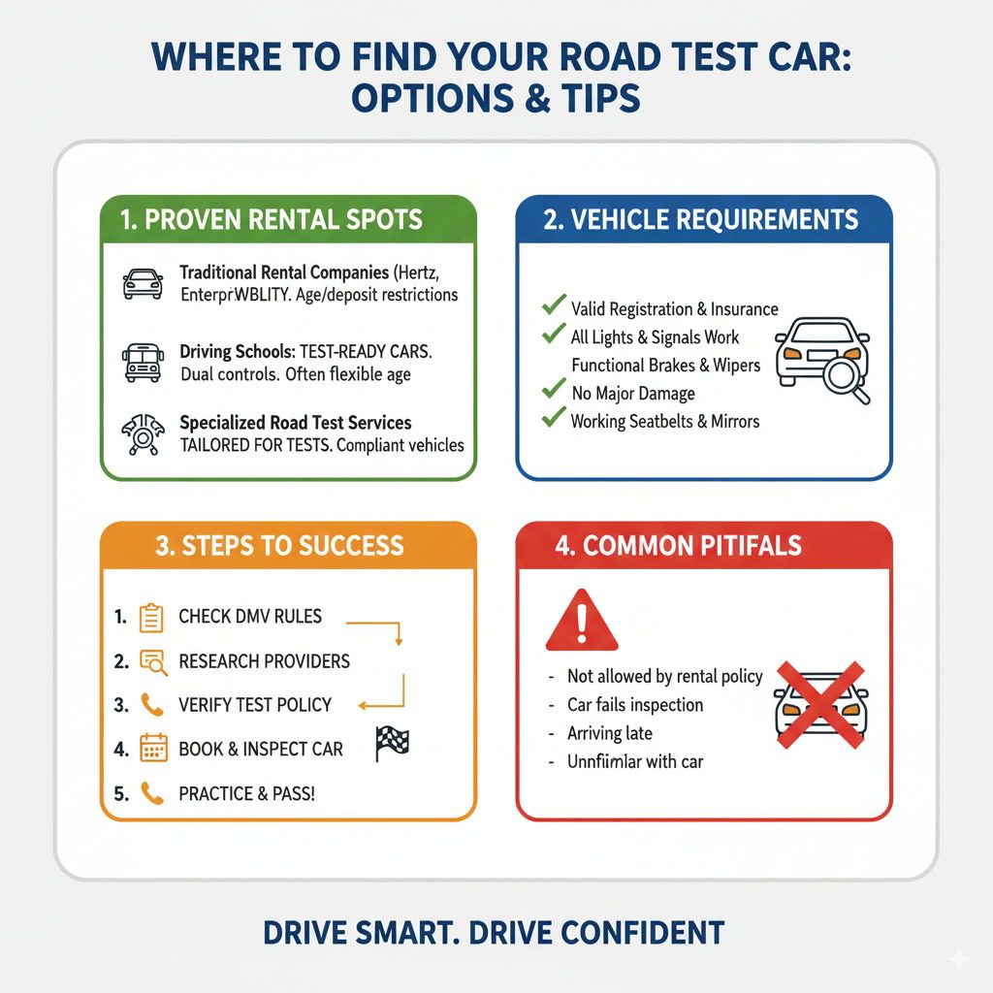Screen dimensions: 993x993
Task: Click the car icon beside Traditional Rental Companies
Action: (x=143, y=284)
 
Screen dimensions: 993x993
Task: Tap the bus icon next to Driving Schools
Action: (x=143, y=362)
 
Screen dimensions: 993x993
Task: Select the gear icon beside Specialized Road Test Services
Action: (x=143, y=435)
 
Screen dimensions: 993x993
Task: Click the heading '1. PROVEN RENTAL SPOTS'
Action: (x=272, y=219)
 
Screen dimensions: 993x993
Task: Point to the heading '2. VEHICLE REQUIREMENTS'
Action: (x=701, y=219)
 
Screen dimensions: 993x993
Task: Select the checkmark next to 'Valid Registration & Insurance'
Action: (x=554, y=306)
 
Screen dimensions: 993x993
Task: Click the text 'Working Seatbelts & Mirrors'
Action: (x=664, y=421)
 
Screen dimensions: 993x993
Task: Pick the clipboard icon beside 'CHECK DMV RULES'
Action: (x=151, y=617)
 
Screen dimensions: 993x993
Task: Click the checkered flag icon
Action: (x=391, y=744)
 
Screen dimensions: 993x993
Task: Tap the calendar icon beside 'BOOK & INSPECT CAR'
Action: (x=153, y=749)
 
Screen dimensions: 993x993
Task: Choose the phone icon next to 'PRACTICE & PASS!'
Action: (x=151, y=793)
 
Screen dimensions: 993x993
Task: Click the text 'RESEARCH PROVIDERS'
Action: (x=264, y=661)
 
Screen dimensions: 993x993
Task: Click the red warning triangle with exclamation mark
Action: (x=582, y=621)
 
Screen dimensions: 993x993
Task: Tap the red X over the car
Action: (x=820, y=706)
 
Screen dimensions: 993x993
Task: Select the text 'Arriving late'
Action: (x=609, y=733)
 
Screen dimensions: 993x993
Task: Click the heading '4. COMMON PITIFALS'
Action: (x=678, y=545)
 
